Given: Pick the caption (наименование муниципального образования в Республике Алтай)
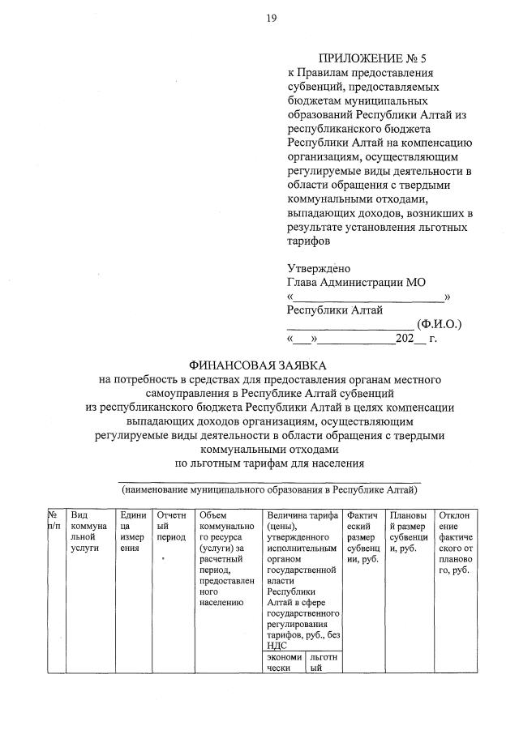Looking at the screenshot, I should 270,489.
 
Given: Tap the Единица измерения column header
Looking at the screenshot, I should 132,531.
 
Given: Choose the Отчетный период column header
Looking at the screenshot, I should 171,526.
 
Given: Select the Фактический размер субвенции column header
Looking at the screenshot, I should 361,536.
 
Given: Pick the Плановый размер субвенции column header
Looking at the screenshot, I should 408,531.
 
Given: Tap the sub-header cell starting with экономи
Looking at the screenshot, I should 284,663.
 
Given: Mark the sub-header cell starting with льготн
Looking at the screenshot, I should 323,663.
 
